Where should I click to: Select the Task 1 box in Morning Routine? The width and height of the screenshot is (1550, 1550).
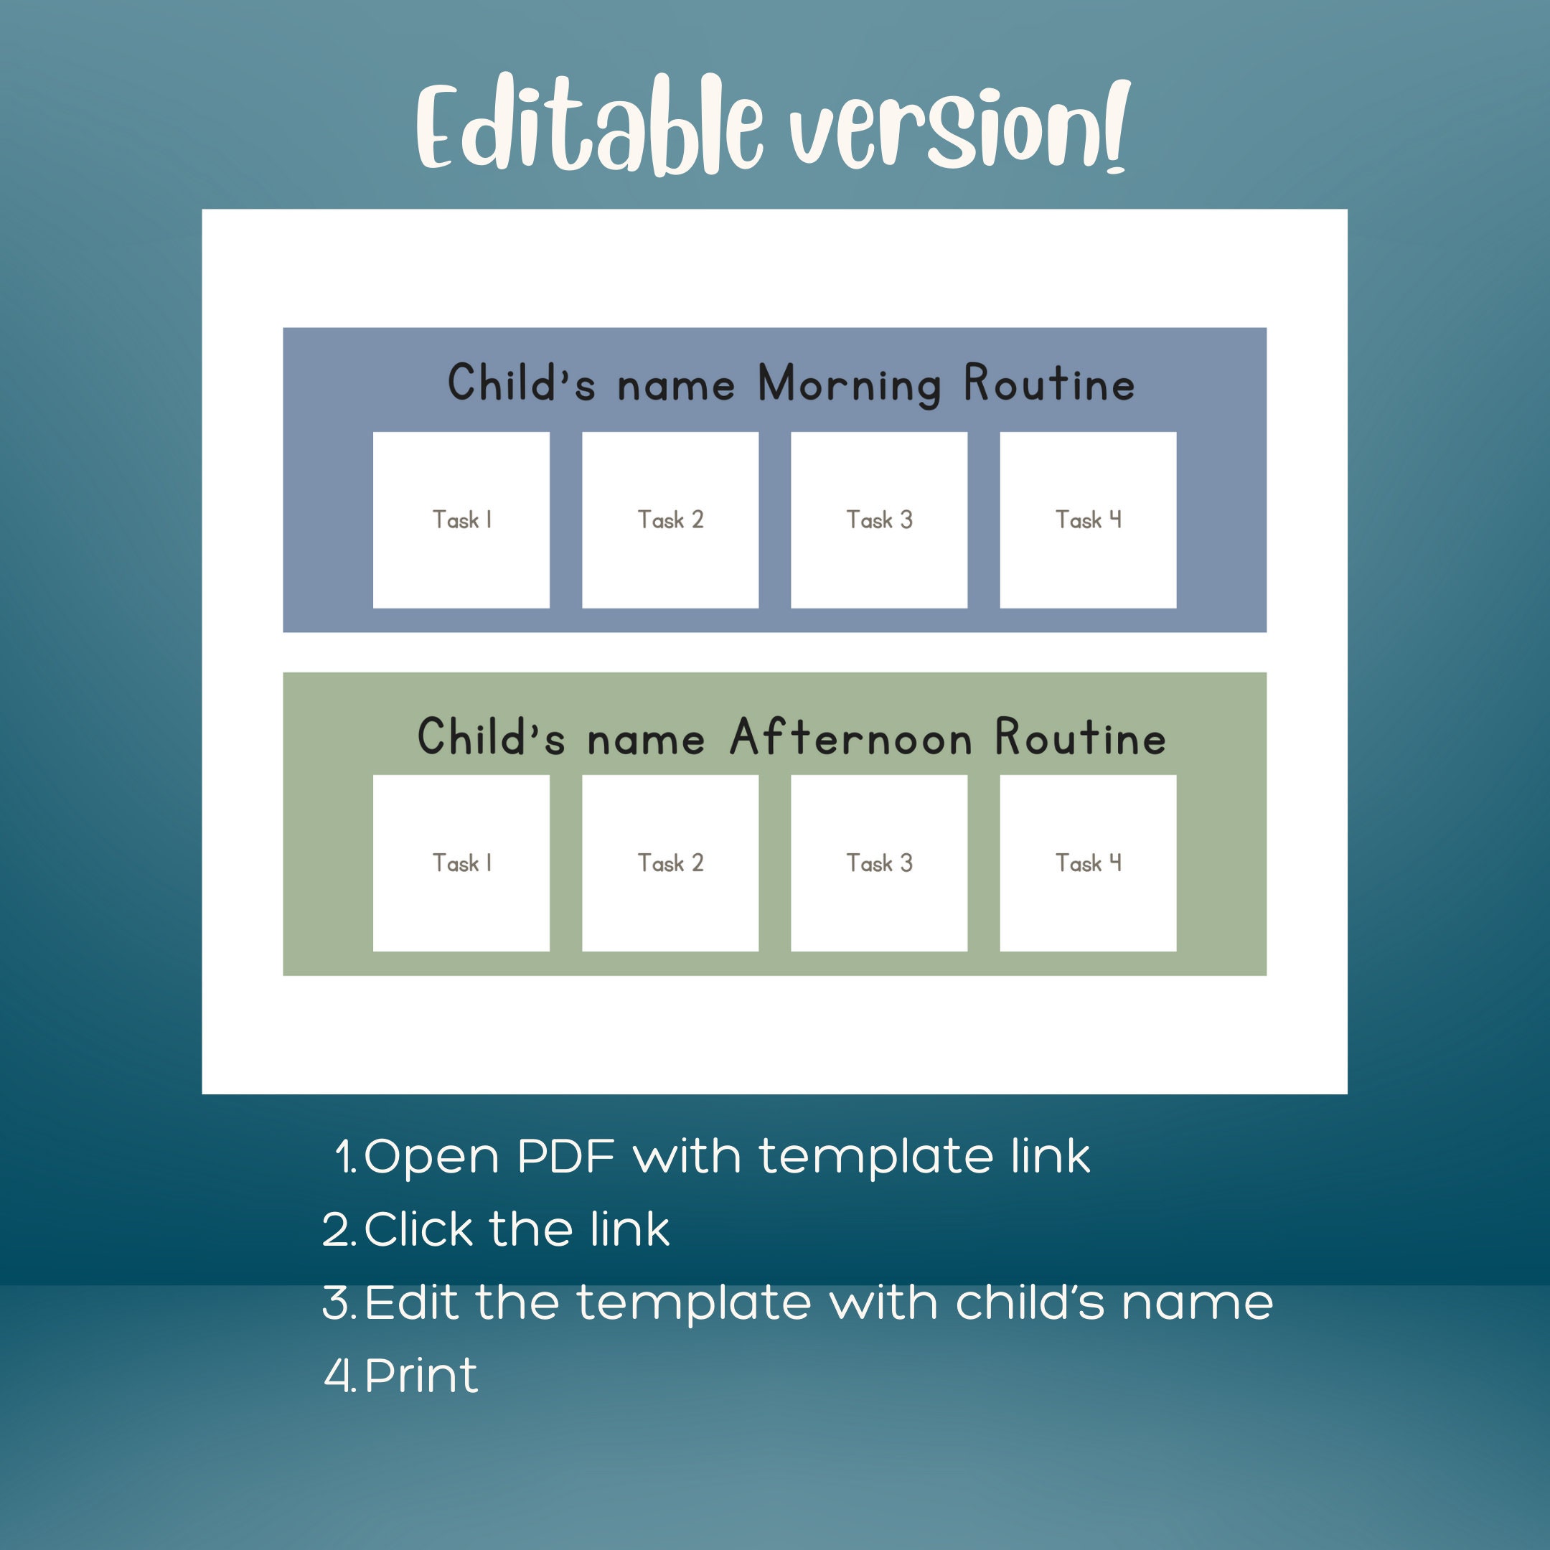(x=461, y=520)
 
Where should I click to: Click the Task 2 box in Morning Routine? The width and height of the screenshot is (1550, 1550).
(x=670, y=520)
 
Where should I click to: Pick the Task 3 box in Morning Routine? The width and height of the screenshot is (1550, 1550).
(x=878, y=520)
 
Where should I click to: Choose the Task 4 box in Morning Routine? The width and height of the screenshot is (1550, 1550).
(x=1088, y=520)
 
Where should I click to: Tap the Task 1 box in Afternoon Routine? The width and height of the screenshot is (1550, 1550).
(x=461, y=863)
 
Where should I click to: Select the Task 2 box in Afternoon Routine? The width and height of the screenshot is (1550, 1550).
(x=670, y=863)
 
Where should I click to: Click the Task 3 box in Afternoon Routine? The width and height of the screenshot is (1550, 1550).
(x=878, y=863)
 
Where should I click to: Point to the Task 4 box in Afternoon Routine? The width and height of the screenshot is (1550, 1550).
(x=1088, y=863)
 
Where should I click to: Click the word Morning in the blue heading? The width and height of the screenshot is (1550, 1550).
(x=849, y=385)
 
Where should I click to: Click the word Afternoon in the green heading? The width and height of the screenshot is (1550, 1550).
(x=850, y=738)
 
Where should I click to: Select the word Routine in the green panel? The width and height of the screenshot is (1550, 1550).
(x=1080, y=738)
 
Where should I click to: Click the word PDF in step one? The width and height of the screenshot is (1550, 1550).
(x=566, y=1156)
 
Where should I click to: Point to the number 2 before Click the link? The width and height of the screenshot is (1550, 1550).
(x=337, y=1229)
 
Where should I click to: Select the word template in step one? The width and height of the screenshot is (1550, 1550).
(x=875, y=1157)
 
